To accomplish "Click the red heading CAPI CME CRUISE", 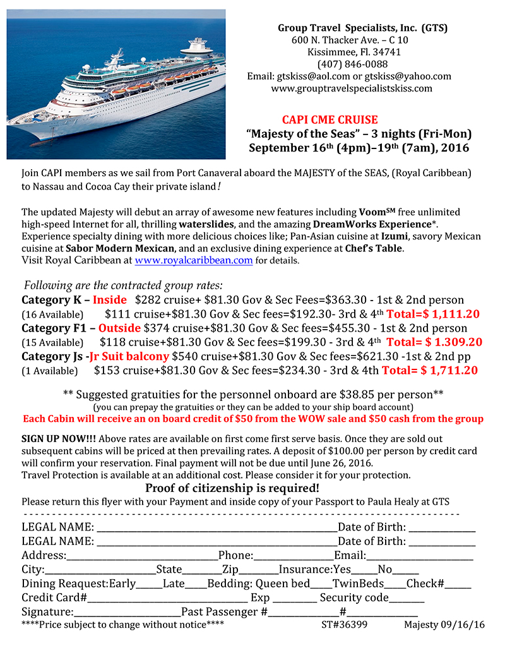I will tap(330, 120).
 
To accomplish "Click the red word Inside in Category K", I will tap(110, 300).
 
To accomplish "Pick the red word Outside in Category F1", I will tap(119, 328).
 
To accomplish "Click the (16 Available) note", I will tap(52, 315).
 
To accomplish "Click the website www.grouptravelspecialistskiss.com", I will tap(352, 88).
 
